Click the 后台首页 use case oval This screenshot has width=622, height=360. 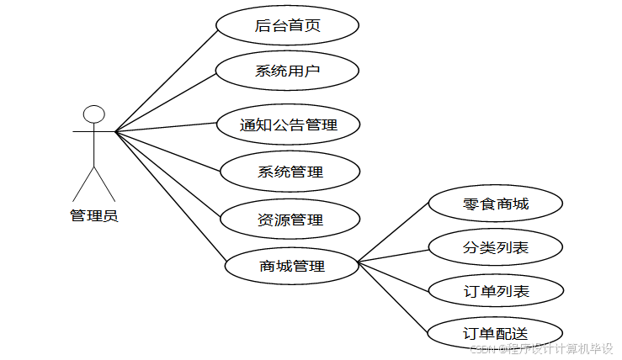click(x=288, y=25)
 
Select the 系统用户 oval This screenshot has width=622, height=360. click(x=288, y=71)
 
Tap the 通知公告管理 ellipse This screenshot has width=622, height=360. click(x=289, y=125)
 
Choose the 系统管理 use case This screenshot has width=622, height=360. click(x=290, y=172)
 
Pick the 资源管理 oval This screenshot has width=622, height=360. click(x=290, y=220)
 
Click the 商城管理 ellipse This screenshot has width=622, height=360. click(x=292, y=267)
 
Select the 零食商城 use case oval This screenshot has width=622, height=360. click(x=496, y=204)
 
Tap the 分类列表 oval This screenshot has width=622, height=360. click(x=496, y=247)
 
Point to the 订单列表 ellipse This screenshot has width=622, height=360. click(x=496, y=291)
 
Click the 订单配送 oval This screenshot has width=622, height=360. click(x=496, y=333)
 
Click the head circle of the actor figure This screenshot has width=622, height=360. click(x=93, y=114)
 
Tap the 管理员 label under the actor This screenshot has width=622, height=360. click(x=93, y=216)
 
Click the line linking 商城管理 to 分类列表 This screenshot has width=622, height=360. click(x=394, y=256)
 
